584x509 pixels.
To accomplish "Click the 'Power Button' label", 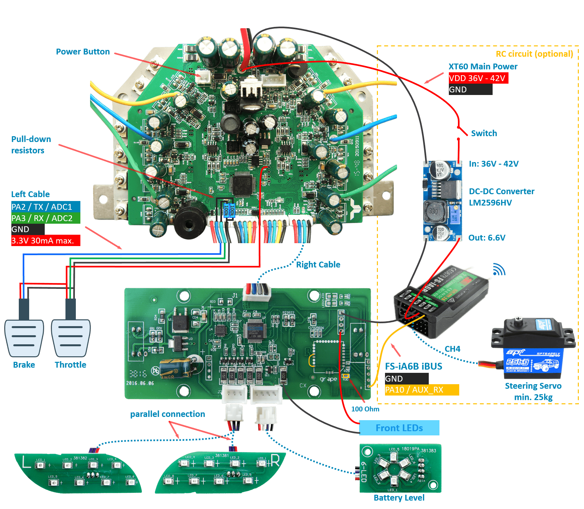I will coord(83,52).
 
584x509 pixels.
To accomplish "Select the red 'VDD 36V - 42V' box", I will coord(478,78).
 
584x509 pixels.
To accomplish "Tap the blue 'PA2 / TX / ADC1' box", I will coord(45,207).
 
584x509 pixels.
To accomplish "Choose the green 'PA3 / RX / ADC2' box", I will coord(45,218).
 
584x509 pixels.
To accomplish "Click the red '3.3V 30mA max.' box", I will coord(45,241).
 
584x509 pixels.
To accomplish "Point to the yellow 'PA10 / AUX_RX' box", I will coord(421,390).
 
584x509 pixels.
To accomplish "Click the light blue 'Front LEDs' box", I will coord(399,428).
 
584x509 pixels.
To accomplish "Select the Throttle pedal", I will coord(71,337).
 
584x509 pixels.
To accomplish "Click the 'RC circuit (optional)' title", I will coord(534,54).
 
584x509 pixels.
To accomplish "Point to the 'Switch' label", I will coord(484,133).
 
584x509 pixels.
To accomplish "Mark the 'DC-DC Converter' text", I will coord(502,192).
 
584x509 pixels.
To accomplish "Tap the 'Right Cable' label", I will coord(318,265).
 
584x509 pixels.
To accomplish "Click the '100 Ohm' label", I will coord(365,409).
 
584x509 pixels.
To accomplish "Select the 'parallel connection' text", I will coord(168,414).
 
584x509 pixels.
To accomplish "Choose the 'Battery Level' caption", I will coord(399,498).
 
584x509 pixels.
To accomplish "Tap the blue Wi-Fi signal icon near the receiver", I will coord(499,270).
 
